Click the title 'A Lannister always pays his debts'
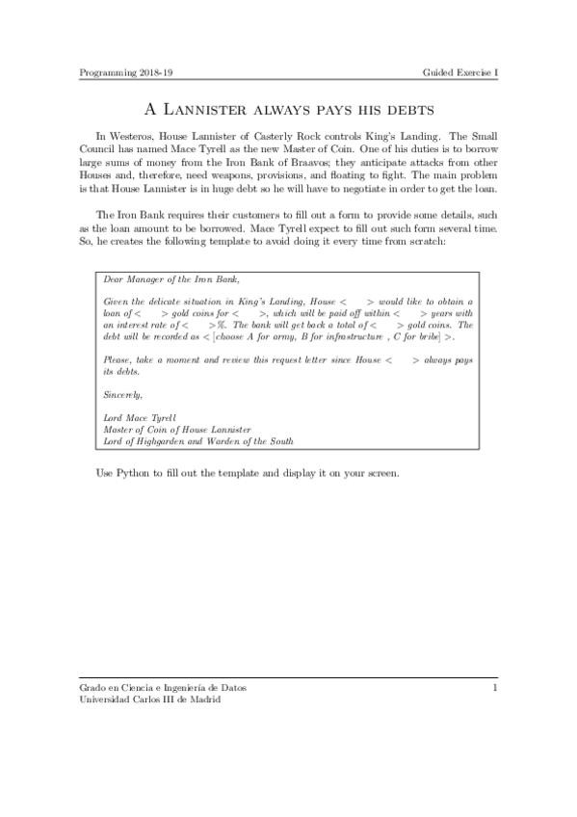pyautogui.click(x=288, y=110)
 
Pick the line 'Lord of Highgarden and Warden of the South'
pyautogui.click(x=197, y=441)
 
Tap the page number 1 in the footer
pyautogui.click(x=495, y=688)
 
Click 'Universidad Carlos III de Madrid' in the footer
pyautogui.click(x=148, y=700)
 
